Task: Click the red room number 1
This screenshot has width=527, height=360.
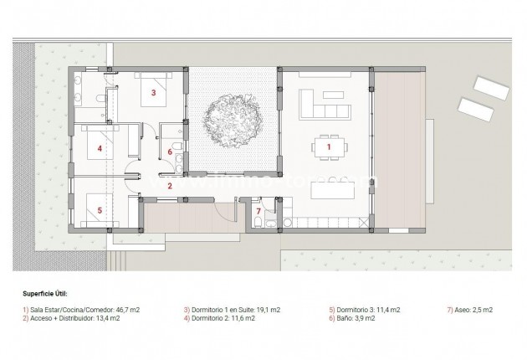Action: tap(329, 147)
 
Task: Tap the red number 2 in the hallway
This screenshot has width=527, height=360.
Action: tap(170, 186)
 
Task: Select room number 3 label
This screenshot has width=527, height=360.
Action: tap(154, 94)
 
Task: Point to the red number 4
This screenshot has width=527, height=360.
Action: tap(100, 149)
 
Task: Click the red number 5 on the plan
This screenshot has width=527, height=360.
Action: tap(100, 210)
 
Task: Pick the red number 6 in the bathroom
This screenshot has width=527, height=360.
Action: tap(171, 152)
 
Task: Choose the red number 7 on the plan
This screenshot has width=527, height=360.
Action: tap(258, 210)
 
